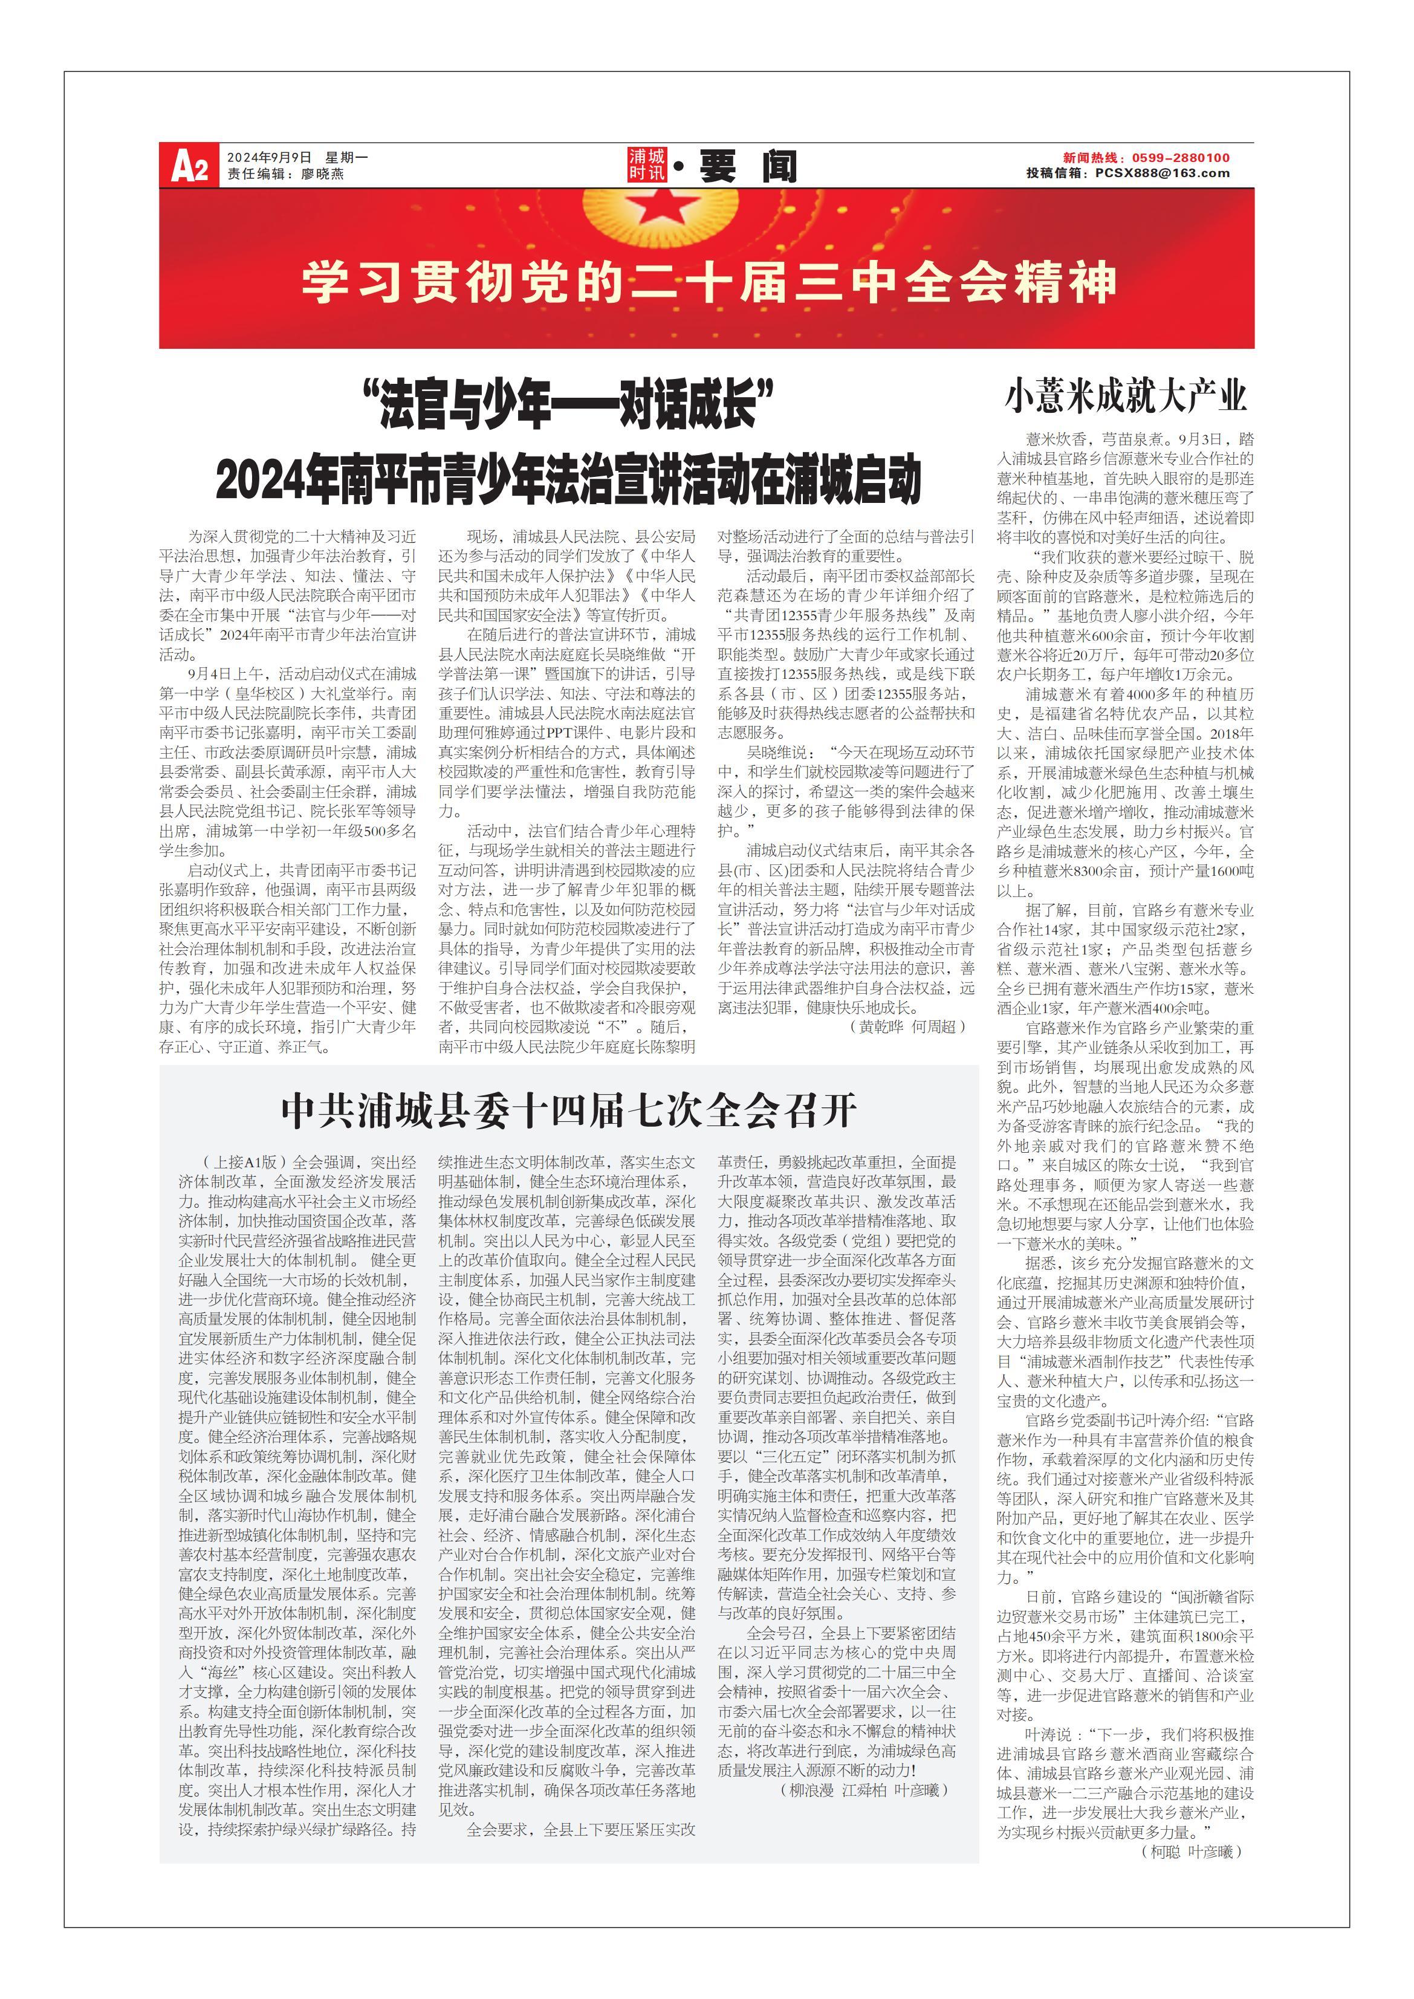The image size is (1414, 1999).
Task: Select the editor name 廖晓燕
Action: [x=322, y=174]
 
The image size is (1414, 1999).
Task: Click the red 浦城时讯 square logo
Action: [x=647, y=164]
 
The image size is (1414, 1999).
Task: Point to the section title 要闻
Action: [x=747, y=166]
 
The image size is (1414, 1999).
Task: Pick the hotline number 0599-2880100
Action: [x=1181, y=158]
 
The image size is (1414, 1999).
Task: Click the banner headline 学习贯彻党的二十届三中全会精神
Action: [x=707, y=282]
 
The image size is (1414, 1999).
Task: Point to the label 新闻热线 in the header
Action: [x=1090, y=158]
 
